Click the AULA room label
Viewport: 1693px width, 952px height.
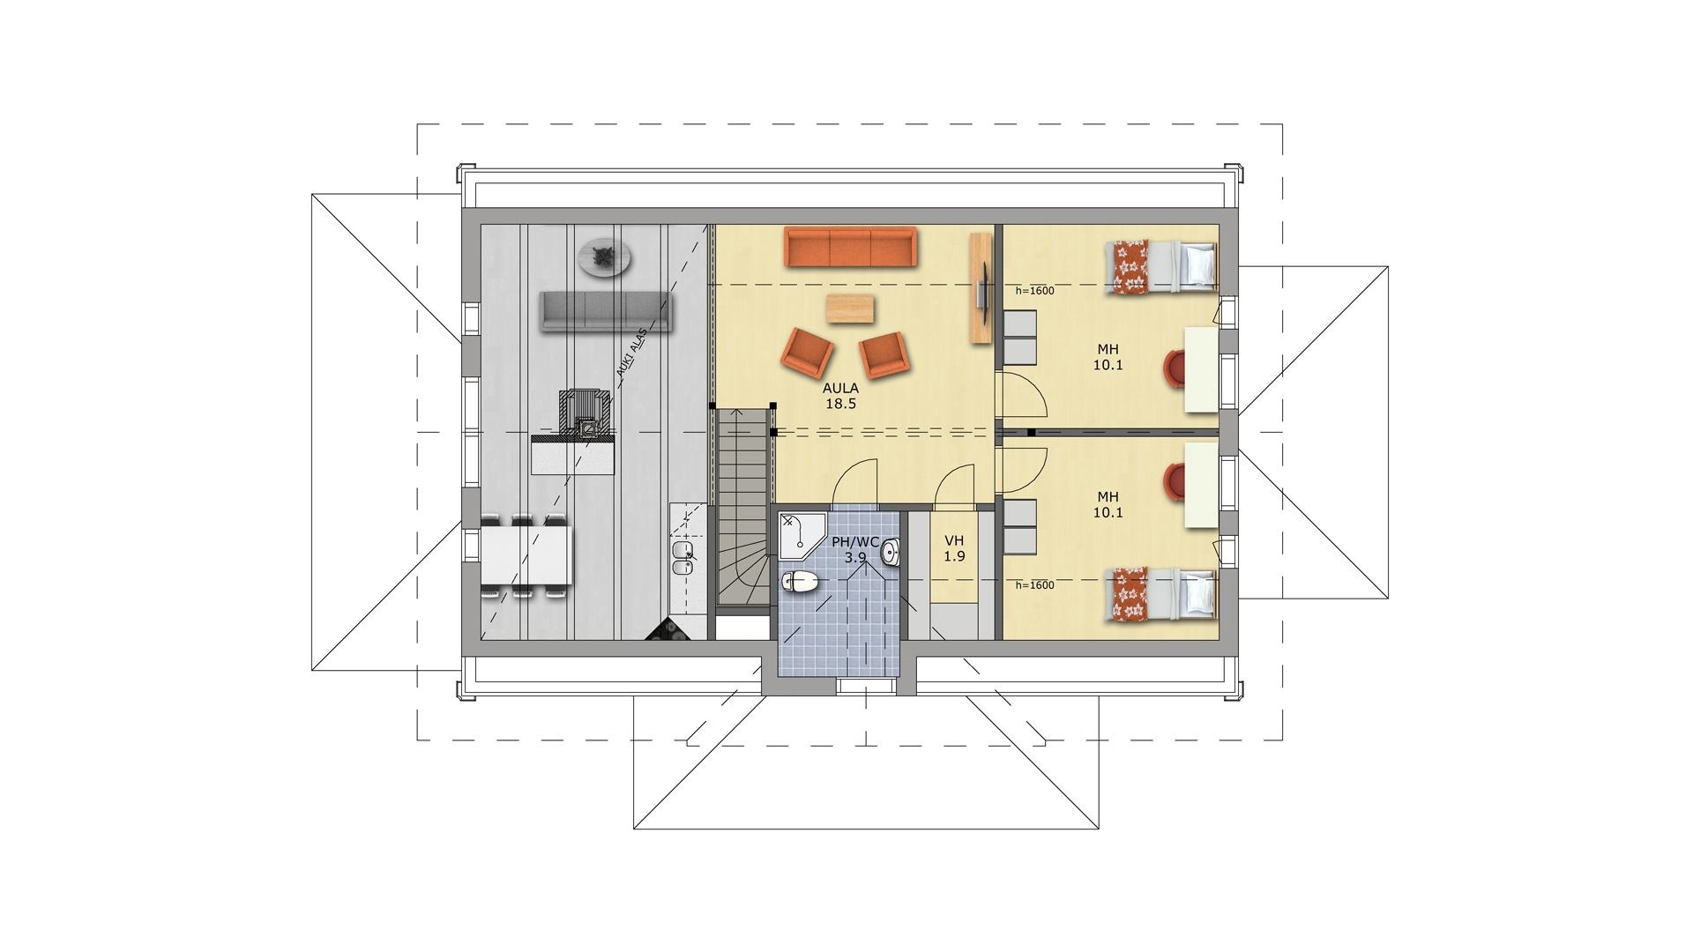pyautogui.click(x=840, y=387)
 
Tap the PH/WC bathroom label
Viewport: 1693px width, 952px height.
pyautogui.click(x=855, y=542)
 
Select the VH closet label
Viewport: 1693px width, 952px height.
pyautogui.click(x=954, y=540)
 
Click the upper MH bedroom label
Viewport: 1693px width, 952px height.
pyautogui.click(x=1108, y=349)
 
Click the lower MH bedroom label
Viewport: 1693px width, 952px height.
pyautogui.click(x=1108, y=496)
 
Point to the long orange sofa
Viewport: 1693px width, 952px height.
pyautogui.click(x=851, y=247)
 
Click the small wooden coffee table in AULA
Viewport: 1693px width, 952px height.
pyautogui.click(x=850, y=309)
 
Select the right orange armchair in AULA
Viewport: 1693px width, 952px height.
pyautogui.click(x=884, y=354)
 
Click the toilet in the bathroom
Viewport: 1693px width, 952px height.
pyautogui.click(x=800, y=581)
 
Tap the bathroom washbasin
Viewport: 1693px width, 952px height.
pyautogui.click(x=890, y=553)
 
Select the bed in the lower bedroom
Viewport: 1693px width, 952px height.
pyautogui.click(x=1161, y=594)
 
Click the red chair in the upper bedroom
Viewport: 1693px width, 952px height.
pyautogui.click(x=1176, y=367)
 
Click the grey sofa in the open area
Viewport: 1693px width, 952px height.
pyautogui.click(x=606, y=312)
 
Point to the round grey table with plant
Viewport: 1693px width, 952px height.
pyautogui.click(x=605, y=257)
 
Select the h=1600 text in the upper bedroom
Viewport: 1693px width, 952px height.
pyautogui.click(x=1034, y=291)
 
